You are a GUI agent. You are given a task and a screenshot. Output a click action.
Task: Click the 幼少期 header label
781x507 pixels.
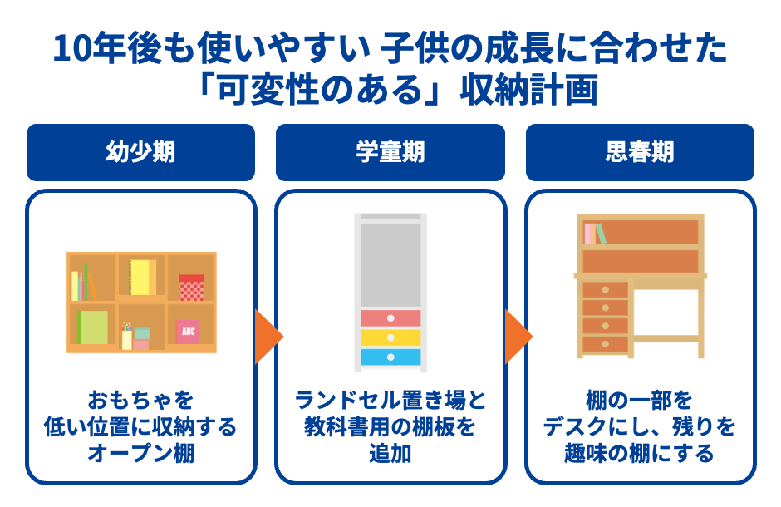(x=140, y=153)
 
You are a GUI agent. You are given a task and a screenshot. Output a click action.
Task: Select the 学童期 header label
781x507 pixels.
(x=390, y=153)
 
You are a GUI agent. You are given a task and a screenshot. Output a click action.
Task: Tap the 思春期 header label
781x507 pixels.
(x=640, y=153)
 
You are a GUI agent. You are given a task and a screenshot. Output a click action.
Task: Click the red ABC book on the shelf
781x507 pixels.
(x=188, y=331)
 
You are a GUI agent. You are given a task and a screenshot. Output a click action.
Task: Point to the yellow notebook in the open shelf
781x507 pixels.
(x=142, y=278)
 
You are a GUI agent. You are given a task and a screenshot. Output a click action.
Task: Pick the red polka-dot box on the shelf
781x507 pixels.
(x=191, y=288)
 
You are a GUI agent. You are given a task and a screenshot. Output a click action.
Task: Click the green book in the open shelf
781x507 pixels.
(x=93, y=327)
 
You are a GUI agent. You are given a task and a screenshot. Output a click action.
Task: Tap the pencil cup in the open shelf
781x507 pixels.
(x=127, y=337)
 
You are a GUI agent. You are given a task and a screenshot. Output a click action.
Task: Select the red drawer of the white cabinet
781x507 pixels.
(x=390, y=318)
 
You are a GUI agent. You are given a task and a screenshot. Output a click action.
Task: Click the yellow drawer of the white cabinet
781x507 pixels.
(x=390, y=337)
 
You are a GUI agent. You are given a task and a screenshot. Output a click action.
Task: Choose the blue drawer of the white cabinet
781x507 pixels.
(x=390, y=357)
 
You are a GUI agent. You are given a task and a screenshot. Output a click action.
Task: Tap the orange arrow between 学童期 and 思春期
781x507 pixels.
(x=517, y=337)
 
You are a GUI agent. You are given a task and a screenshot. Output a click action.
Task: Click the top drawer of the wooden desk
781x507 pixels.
(x=605, y=289)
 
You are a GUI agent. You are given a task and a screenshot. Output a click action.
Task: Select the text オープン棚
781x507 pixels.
(x=140, y=454)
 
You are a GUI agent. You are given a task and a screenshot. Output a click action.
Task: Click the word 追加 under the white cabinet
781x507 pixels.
(x=390, y=454)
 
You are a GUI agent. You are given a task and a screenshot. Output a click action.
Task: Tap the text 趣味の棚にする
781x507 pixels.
(x=639, y=454)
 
